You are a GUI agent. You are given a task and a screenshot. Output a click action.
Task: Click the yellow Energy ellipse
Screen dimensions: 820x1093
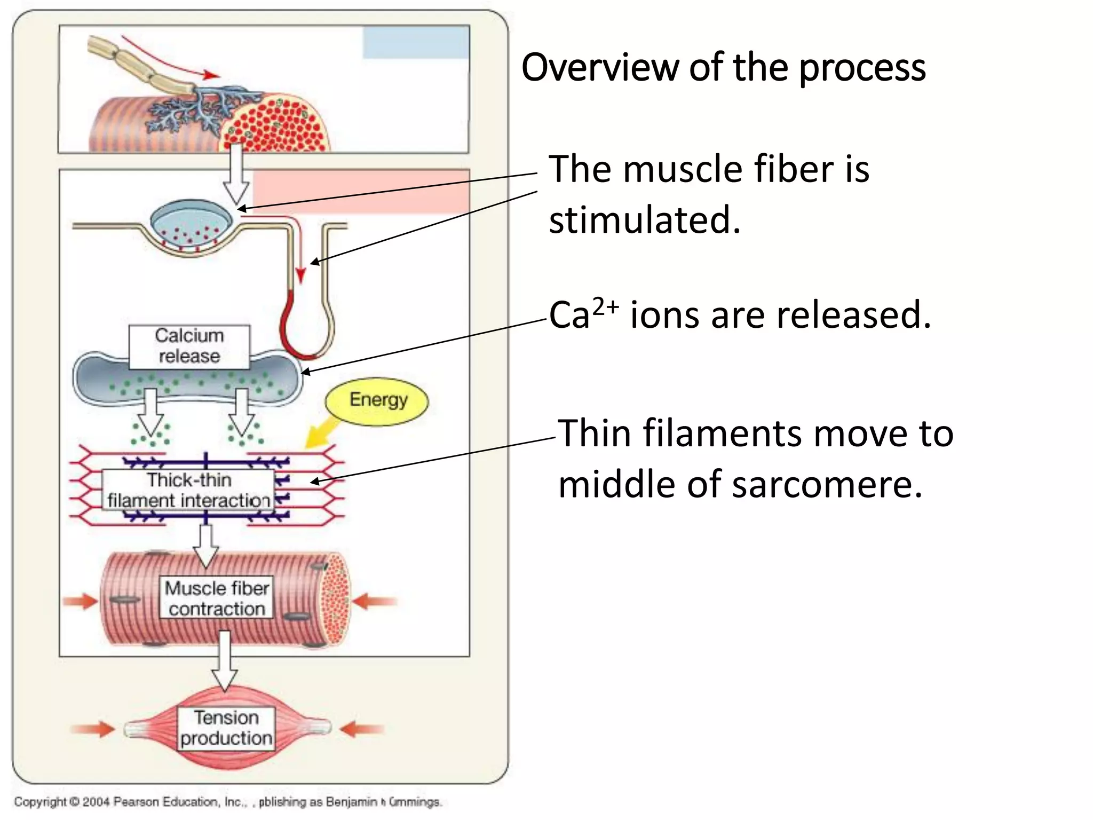[377, 401]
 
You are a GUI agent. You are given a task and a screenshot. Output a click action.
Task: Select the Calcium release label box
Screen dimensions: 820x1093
[189, 346]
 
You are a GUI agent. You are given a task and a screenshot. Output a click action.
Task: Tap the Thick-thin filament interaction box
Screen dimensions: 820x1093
[188, 490]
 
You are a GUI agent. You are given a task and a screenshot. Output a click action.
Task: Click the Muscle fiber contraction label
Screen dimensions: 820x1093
[217, 598]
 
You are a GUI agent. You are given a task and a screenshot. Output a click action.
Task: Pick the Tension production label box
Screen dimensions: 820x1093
[226, 728]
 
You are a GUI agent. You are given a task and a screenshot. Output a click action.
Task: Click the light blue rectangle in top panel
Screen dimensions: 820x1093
[416, 42]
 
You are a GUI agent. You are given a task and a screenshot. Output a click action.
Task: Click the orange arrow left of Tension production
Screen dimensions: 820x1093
[93, 729]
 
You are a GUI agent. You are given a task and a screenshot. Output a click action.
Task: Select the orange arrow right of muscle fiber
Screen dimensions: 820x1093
[374, 602]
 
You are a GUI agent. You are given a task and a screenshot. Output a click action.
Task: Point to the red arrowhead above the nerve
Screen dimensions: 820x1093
[211, 75]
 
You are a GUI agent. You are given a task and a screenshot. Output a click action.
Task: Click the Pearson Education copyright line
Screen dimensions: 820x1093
[228, 802]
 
